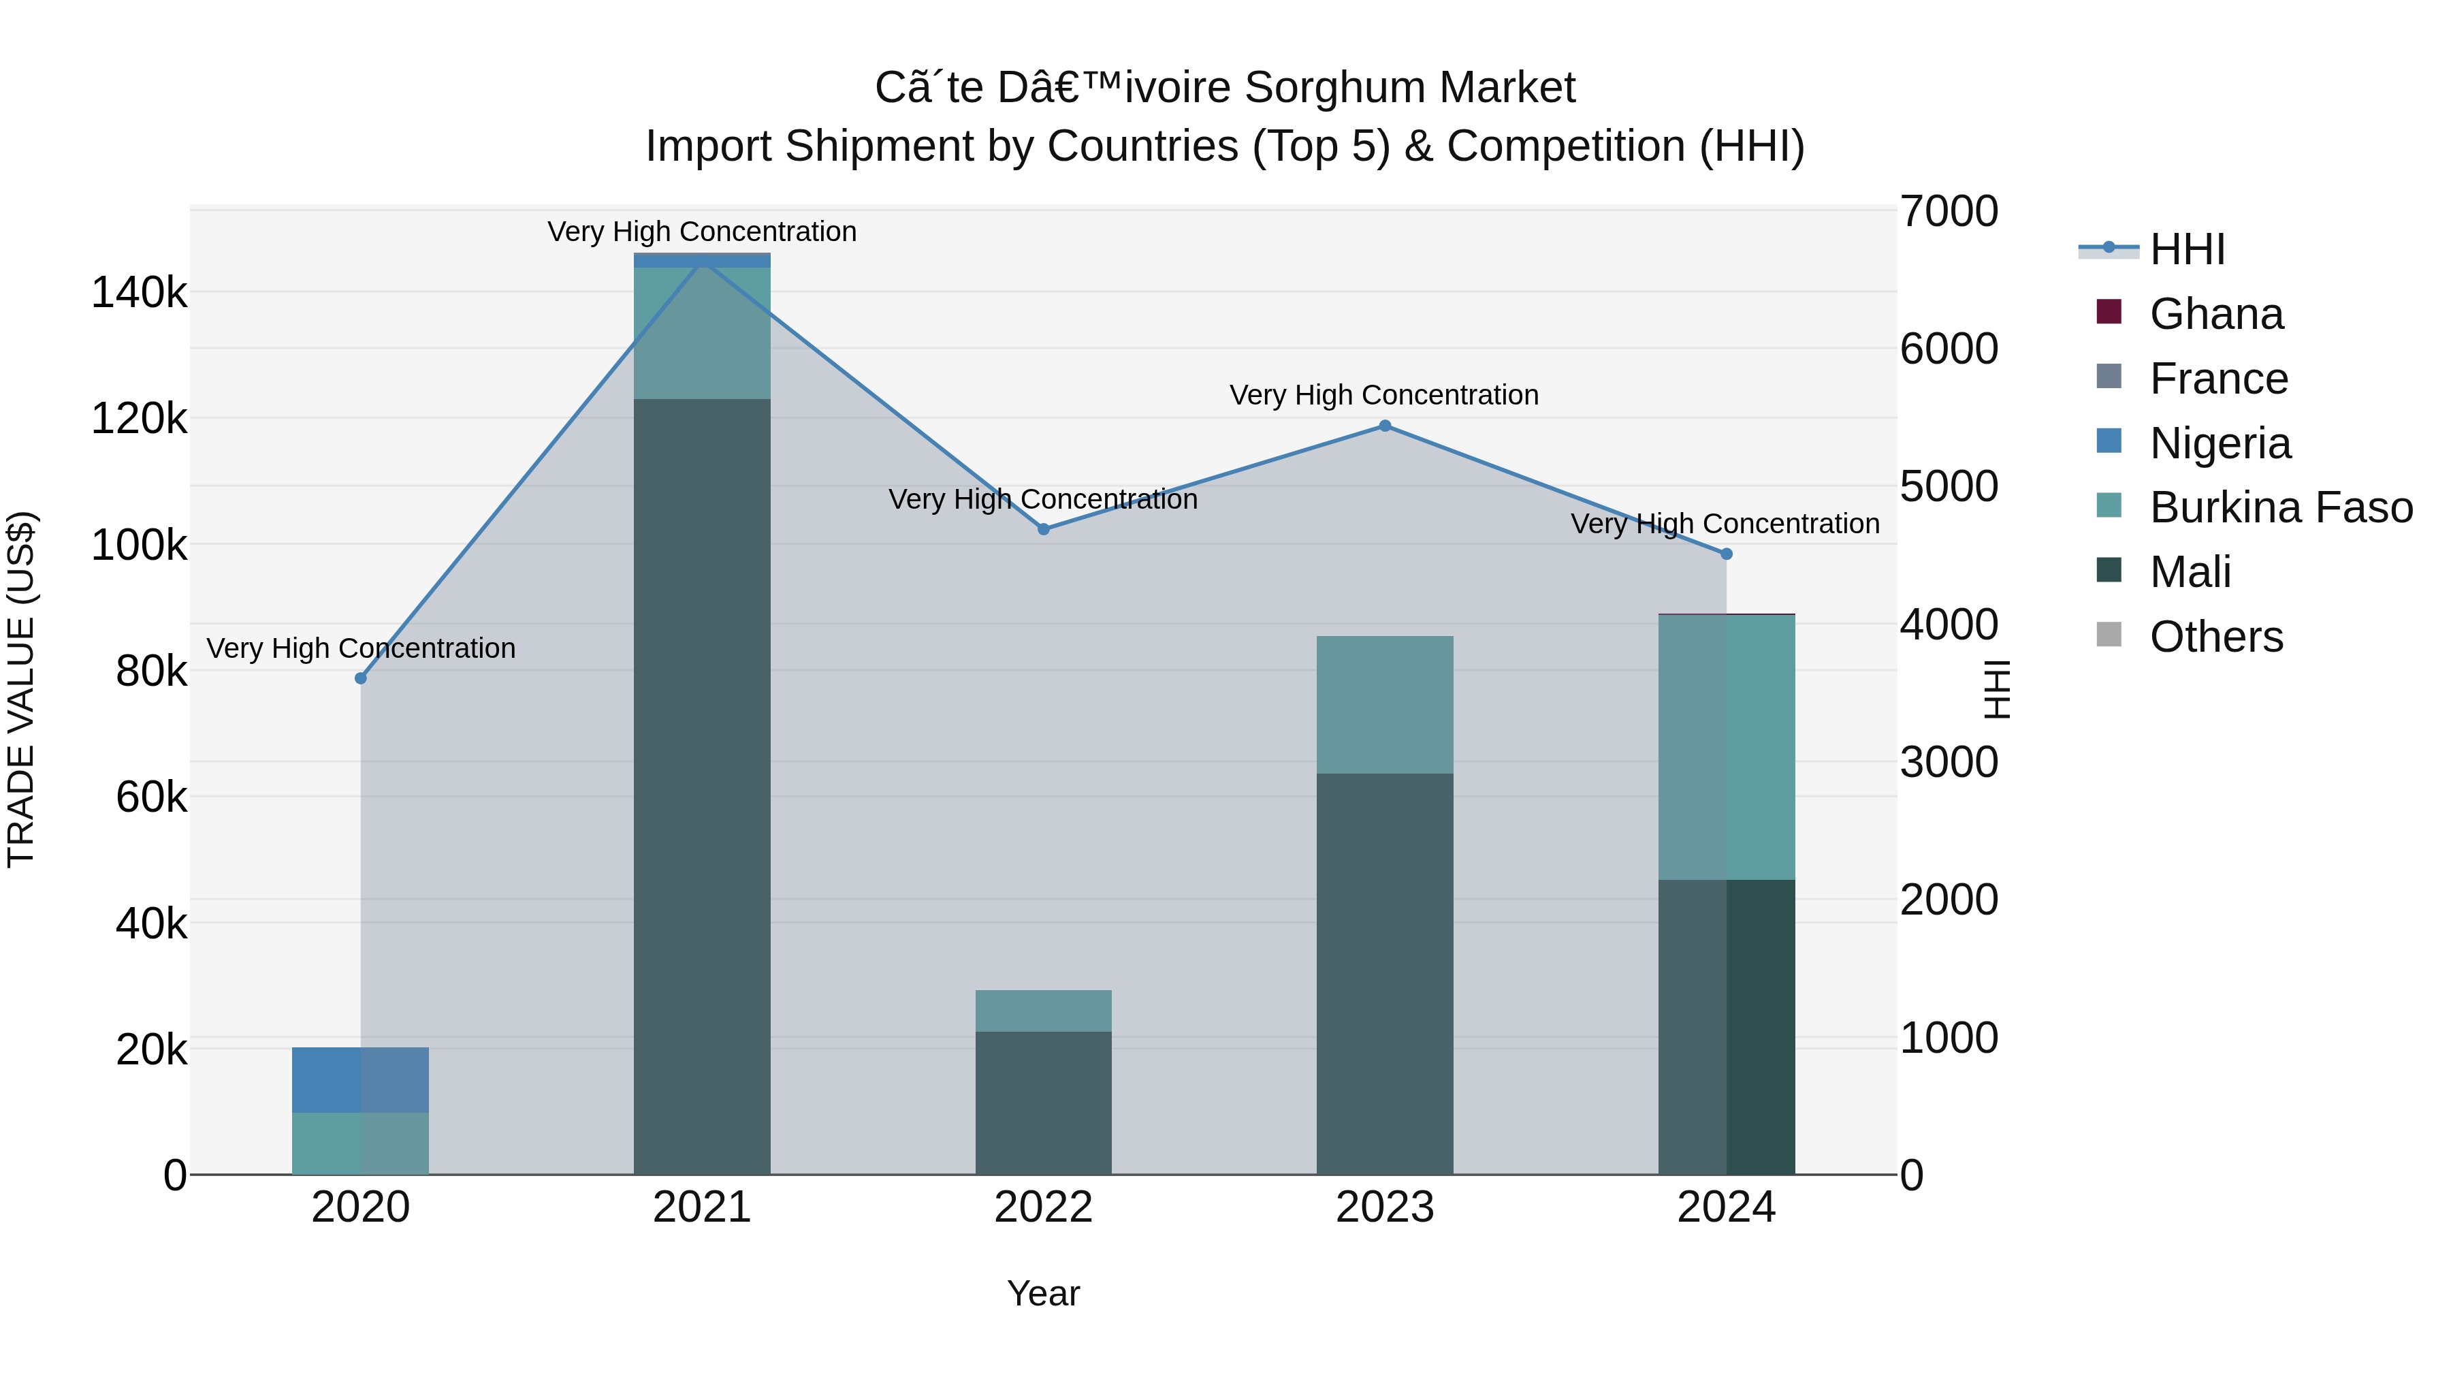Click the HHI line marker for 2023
(x=1384, y=426)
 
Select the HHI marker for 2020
(x=361, y=678)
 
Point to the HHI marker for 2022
(x=1044, y=529)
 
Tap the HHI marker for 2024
(x=1726, y=554)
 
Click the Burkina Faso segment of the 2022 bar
(x=1044, y=1011)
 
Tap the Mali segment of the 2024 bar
(x=1726, y=1027)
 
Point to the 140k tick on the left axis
(x=139, y=292)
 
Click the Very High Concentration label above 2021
(x=702, y=232)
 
